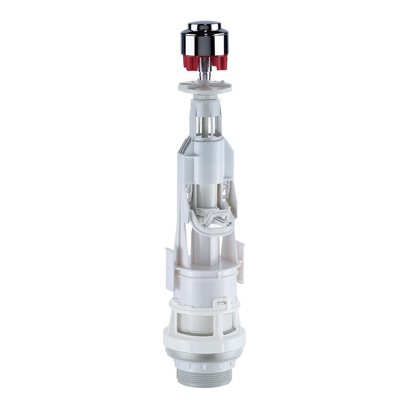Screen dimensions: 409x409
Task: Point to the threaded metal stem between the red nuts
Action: pyautogui.click(x=204, y=65)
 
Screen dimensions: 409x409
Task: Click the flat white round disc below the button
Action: pyautogui.click(x=204, y=86)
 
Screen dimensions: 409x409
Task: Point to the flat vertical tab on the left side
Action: pyautogui.click(x=169, y=268)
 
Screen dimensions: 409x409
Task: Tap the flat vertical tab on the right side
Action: pyautogui.click(x=240, y=262)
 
